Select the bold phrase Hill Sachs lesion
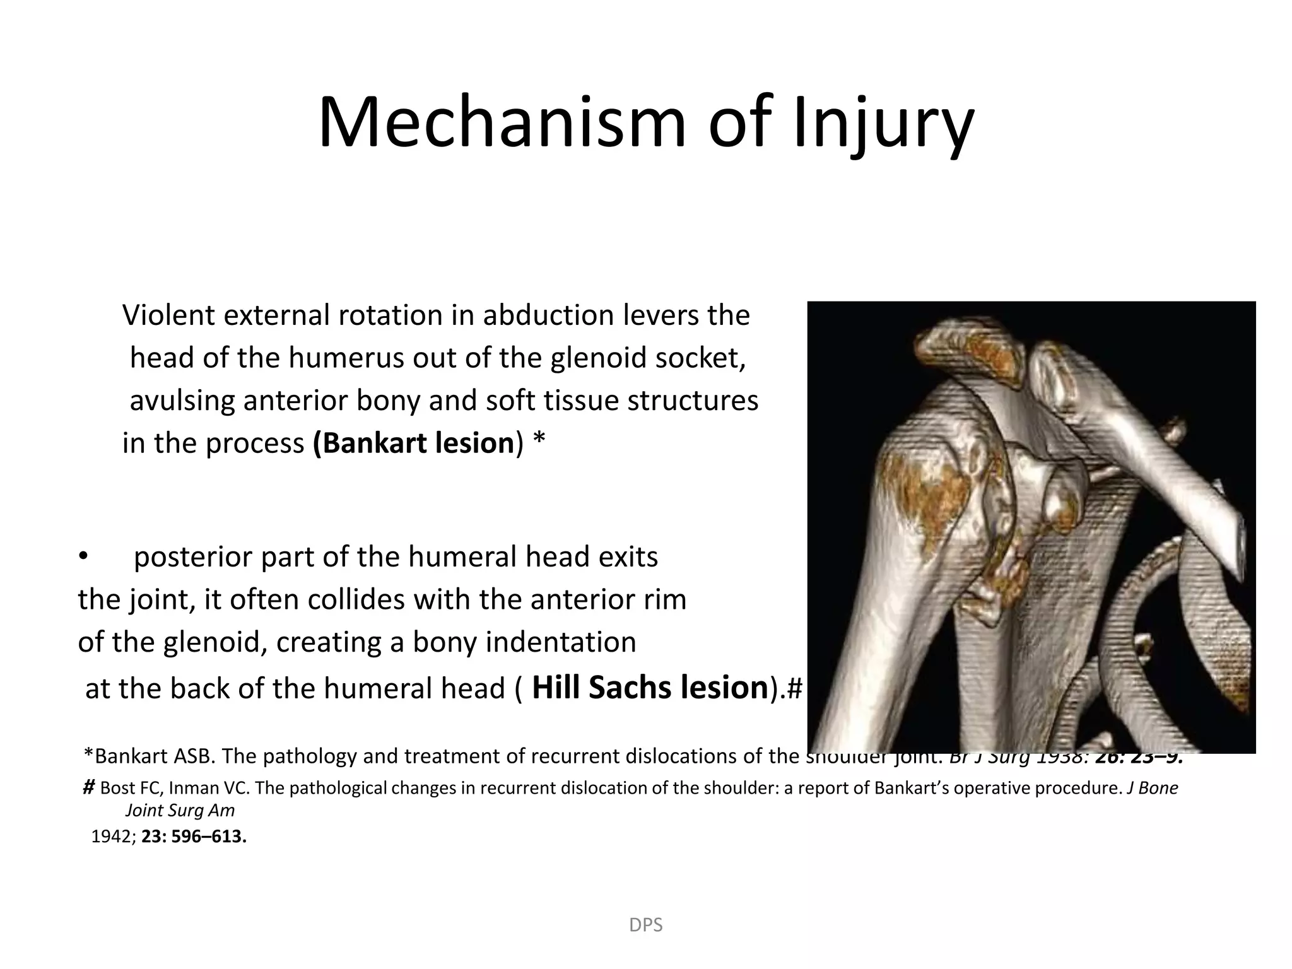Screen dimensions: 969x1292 pyautogui.click(x=650, y=687)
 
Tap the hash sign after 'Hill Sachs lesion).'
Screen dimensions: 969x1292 pyautogui.click(x=794, y=689)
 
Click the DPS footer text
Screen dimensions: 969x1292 pyautogui.click(x=646, y=925)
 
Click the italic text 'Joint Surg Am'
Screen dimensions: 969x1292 pyautogui.click(x=180, y=811)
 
